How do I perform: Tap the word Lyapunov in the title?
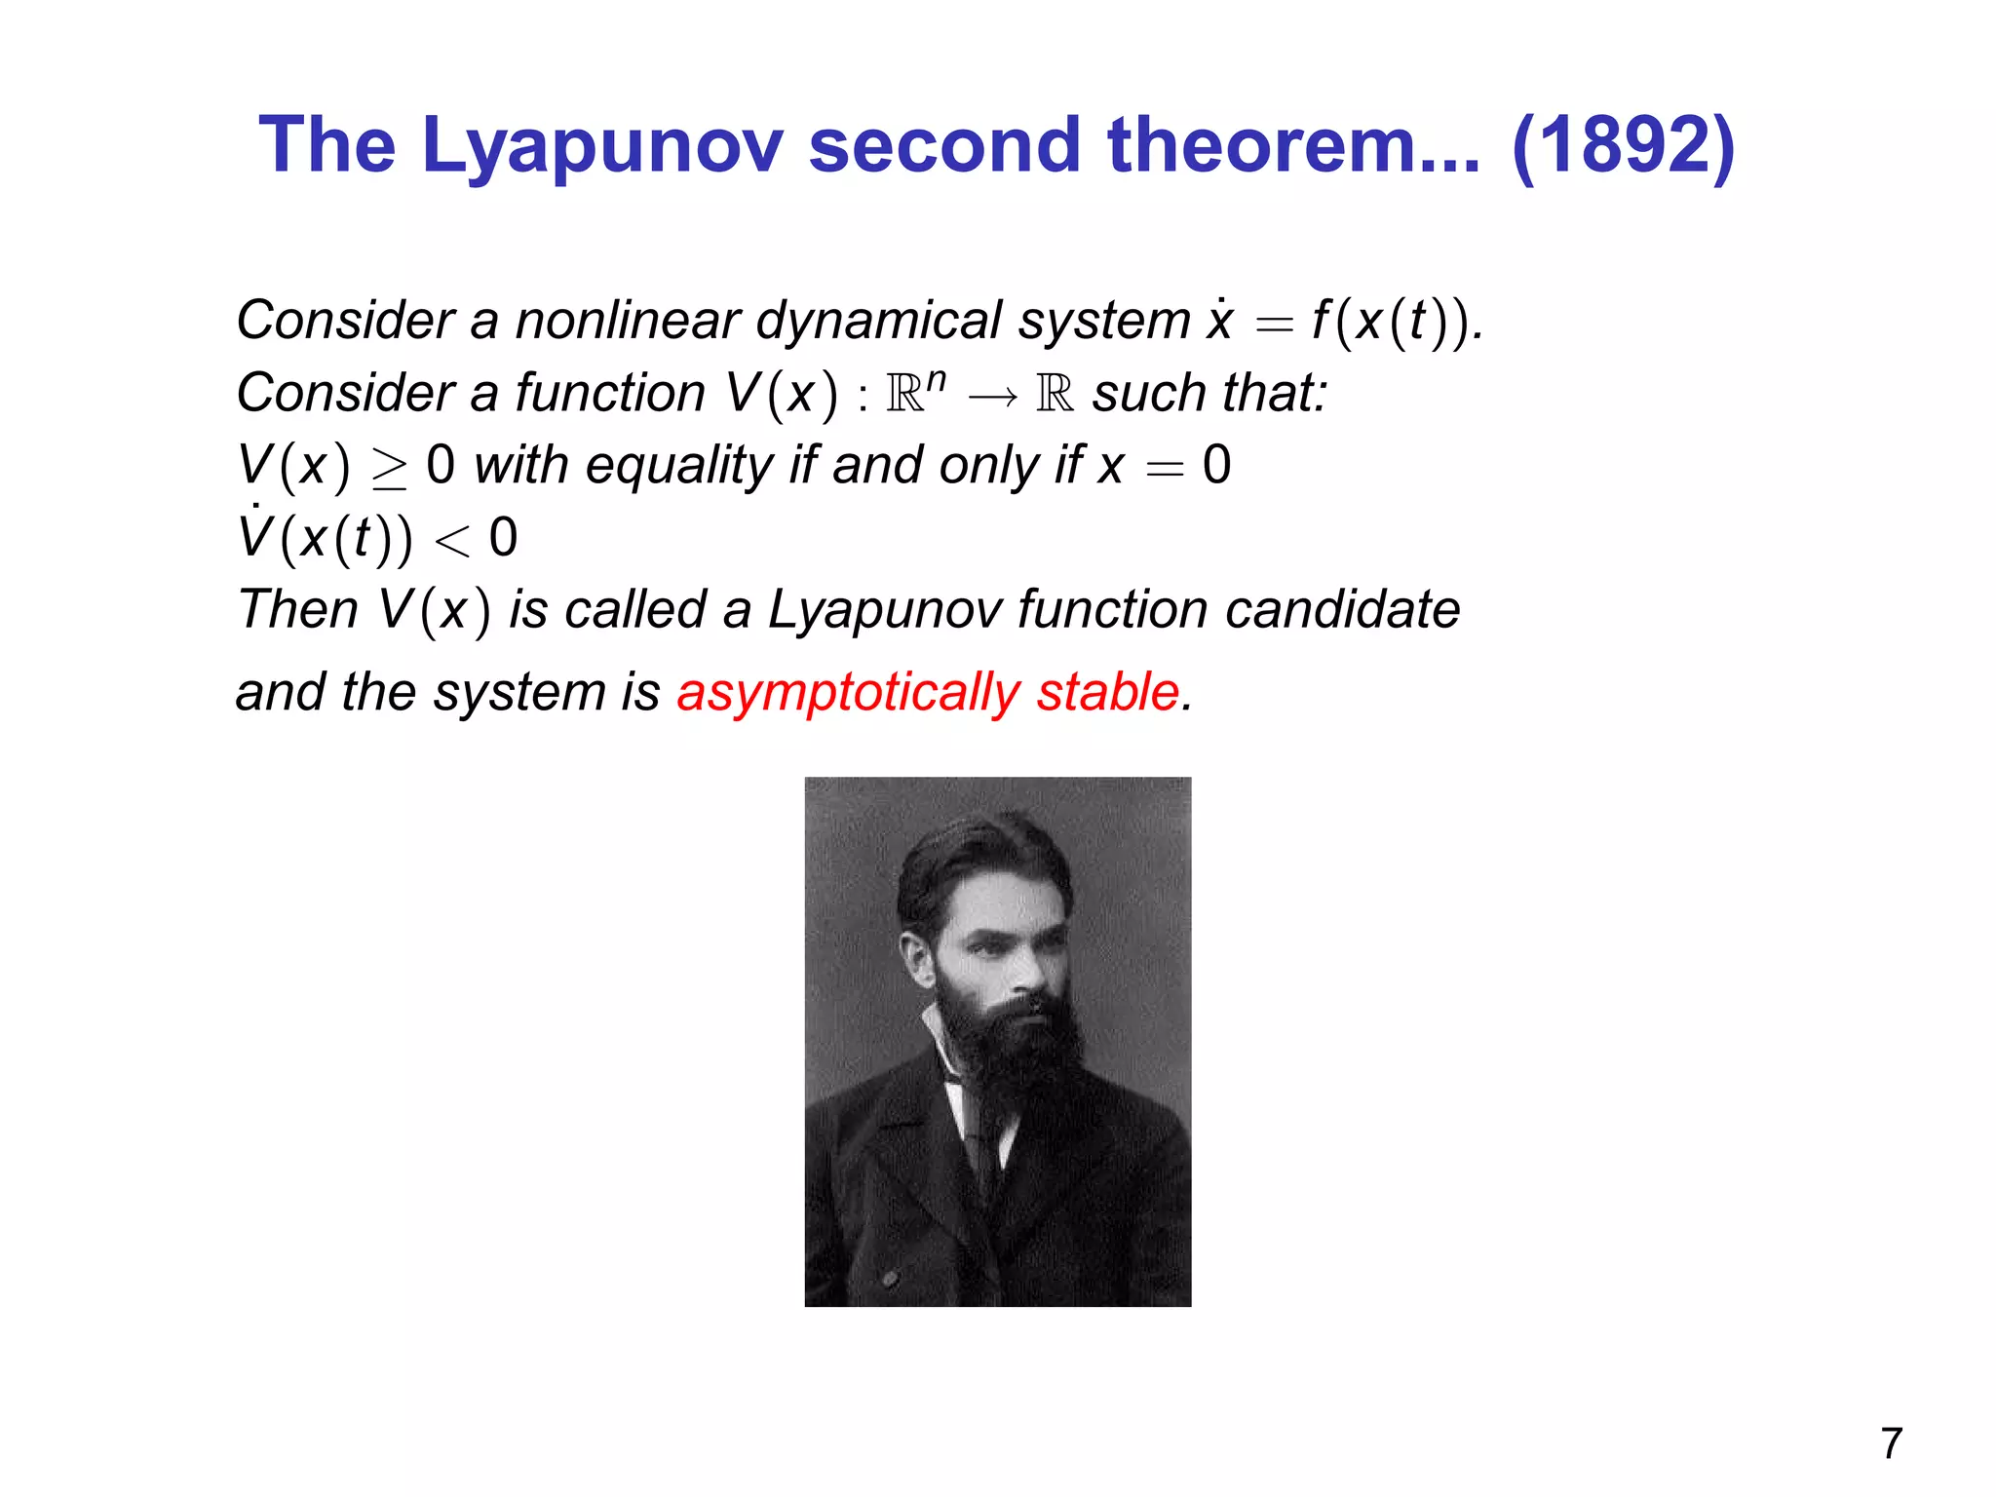coord(601,146)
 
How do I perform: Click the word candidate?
coord(1342,611)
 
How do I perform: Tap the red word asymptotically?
coord(847,693)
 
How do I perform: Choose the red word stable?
coord(1107,693)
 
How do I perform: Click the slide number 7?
coord(1891,1443)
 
